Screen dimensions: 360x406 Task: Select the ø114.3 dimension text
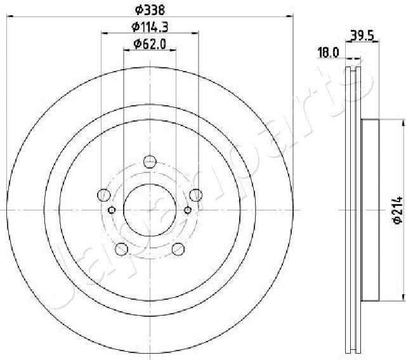(x=149, y=27)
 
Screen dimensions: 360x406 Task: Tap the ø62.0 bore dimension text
(x=149, y=44)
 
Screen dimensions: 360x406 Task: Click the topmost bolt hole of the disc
(x=149, y=160)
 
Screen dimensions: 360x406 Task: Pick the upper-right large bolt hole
(x=196, y=195)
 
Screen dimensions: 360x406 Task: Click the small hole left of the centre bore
(x=112, y=210)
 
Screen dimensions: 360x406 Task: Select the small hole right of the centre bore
(x=187, y=210)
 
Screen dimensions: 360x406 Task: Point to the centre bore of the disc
(x=149, y=210)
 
